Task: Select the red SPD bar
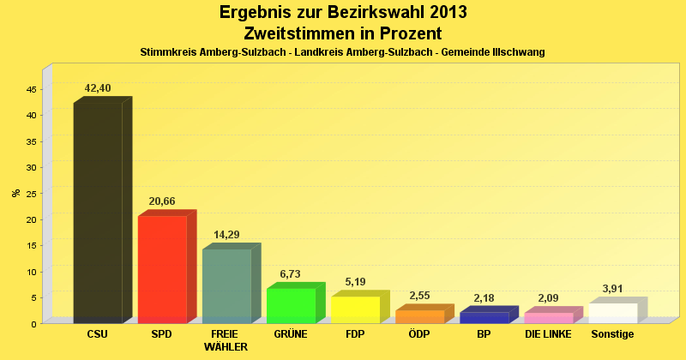(x=162, y=269)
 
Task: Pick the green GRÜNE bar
(x=291, y=305)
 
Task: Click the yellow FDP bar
(x=355, y=309)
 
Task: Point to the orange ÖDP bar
(x=419, y=316)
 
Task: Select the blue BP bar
(x=484, y=317)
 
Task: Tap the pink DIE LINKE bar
(x=548, y=317)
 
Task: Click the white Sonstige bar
(x=612, y=313)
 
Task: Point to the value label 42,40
(x=98, y=88)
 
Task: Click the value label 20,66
(x=162, y=201)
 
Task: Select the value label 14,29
(x=227, y=235)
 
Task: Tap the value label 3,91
(x=613, y=289)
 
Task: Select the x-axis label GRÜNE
(x=291, y=333)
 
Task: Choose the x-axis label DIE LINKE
(x=548, y=333)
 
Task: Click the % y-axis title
(x=15, y=193)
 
